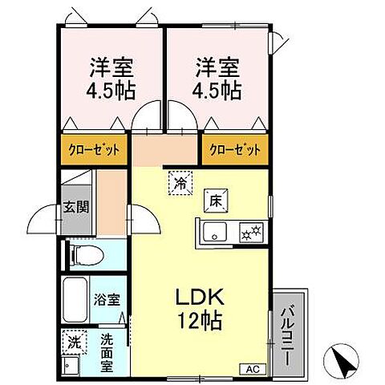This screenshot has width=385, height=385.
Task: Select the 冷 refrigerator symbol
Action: [x=180, y=184]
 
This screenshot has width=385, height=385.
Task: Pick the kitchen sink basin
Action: [x=213, y=233]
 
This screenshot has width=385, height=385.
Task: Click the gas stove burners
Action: [x=249, y=233]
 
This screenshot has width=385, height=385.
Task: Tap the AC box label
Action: [x=252, y=369]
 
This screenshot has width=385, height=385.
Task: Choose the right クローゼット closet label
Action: [x=234, y=149]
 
